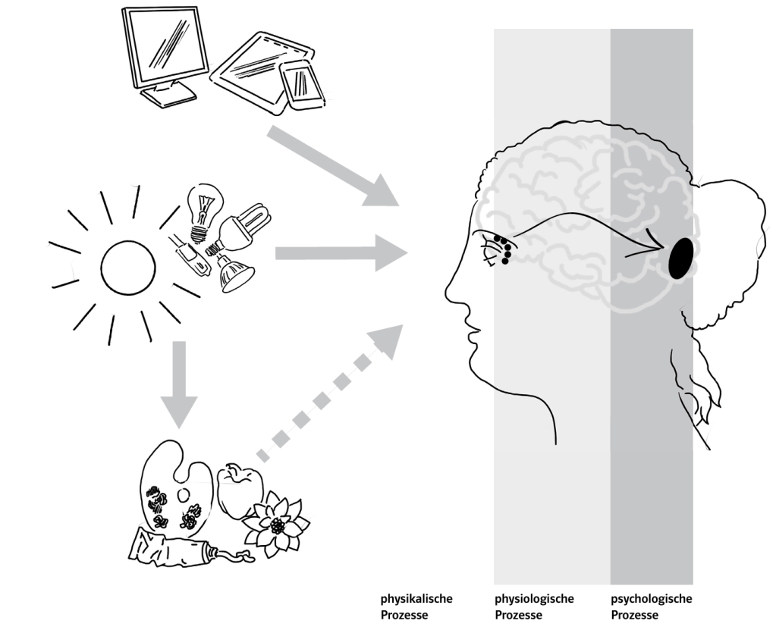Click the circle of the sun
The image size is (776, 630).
point(128,268)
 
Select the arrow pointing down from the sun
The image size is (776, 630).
point(179,382)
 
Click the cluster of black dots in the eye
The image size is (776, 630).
point(501,249)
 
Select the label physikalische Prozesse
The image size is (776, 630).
point(416,606)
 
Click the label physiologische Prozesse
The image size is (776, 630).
point(534,606)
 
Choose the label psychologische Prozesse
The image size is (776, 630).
point(652,606)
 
